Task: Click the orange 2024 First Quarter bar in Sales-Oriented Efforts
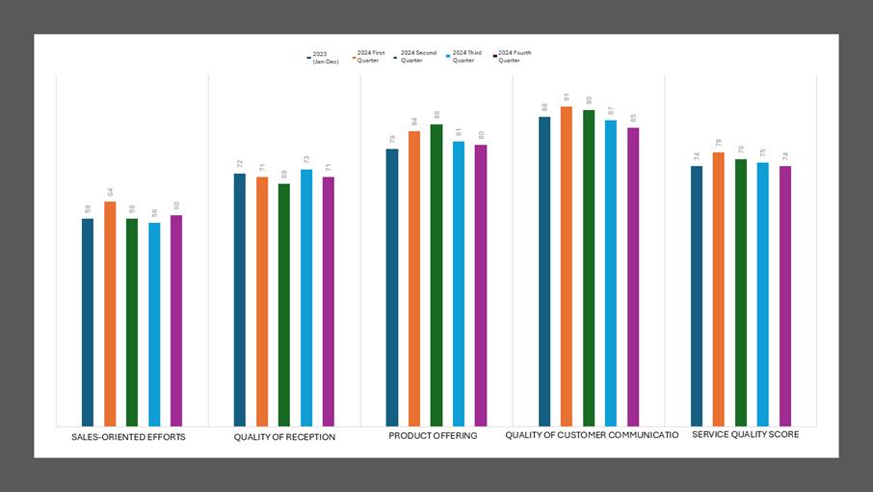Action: (x=110, y=314)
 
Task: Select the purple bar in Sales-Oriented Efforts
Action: (x=176, y=320)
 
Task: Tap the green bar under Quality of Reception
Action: (x=284, y=304)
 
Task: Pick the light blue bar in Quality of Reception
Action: (x=306, y=297)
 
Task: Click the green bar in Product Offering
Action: (x=436, y=275)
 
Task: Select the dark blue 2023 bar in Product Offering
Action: (x=392, y=287)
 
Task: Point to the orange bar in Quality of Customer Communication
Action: (x=567, y=265)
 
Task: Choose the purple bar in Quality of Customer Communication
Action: (x=633, y=276)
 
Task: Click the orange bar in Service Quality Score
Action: (x=719, y=288)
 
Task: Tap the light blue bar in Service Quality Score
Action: (x=763, y=293)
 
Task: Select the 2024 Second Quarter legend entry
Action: (x=416, y=57)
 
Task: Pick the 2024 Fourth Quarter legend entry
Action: (x=513, y=57)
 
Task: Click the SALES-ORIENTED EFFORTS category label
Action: (x=128, y=437)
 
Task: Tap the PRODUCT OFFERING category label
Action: (x=433, y=436)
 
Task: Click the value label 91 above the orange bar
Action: (x=567, y=97)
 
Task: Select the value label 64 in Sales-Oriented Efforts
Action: (x=110, y=192)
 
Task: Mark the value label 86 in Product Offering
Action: (x=436, y=115)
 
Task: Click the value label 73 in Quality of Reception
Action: (x=306, y=160)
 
